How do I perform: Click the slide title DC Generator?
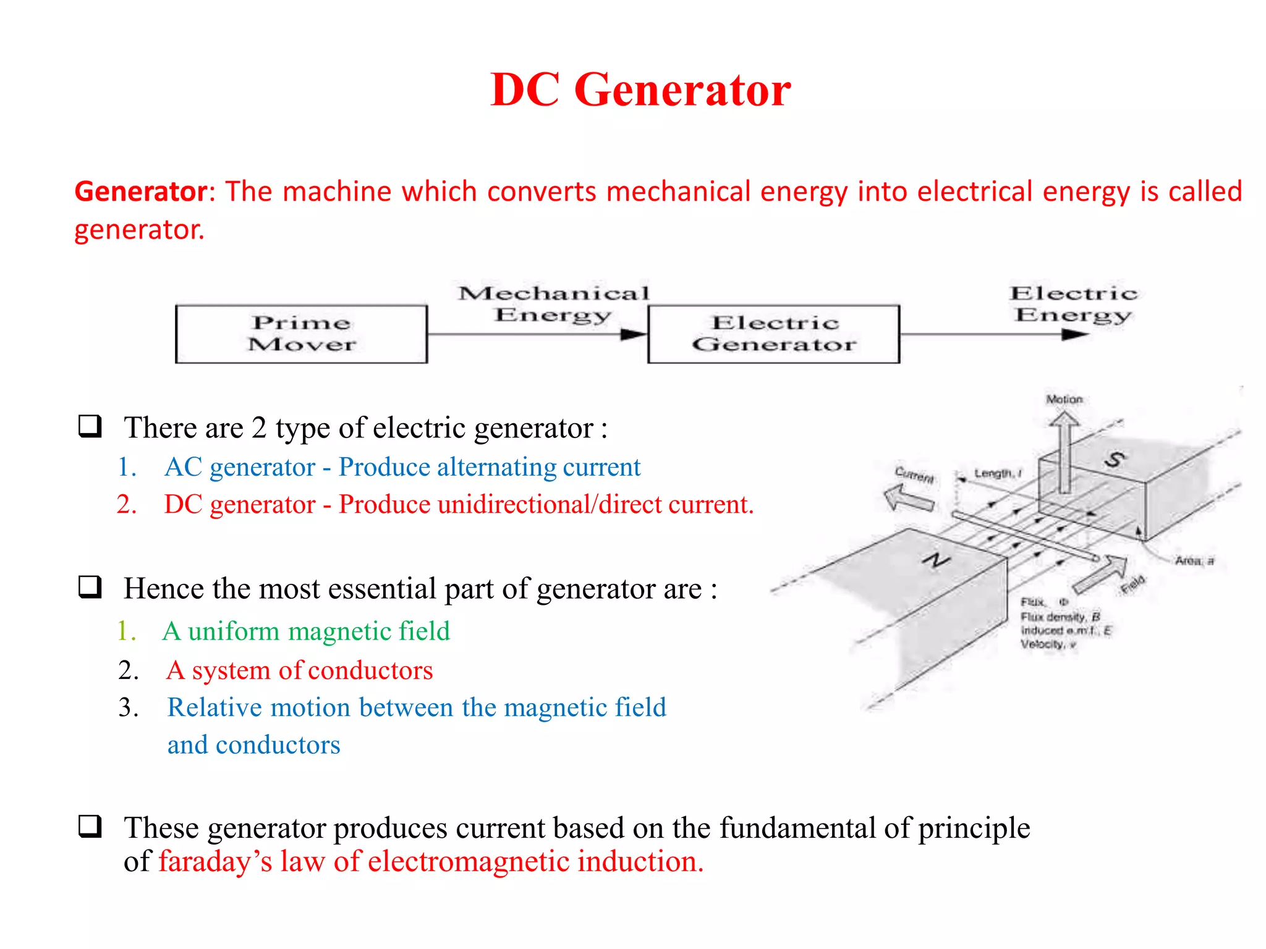pyautogui.click(x=640, y=90)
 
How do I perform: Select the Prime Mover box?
pyautogui.click(x=301, y=334)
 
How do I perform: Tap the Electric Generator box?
pyautogui.click(x=773, y=334)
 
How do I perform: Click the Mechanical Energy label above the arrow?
pyautogui.click(x=553, y=303)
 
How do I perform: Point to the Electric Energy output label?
pyautogui.click(x=1073, y=303)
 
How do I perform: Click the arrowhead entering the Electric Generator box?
pyautogui.click(x=633, y=334)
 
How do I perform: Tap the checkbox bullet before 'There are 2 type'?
pyautogui.click(x=90, y=426)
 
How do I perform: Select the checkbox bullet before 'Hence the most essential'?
pyautogui.click(x=90, y=587)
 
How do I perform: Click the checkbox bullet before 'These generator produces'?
pyautogui.click(x=90, y=826)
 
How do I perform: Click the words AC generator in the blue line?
pyautogui.click(x=240, y=467)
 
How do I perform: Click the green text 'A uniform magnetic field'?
pyautogui.click(x=306, y=631)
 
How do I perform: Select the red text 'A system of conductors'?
pyautogui.click(x=300, y=670)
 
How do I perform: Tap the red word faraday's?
pyautogui.click(x=215, y=861)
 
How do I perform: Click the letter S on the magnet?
pyautogui.click(x=1115, y=459)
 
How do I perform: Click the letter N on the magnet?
pyautogui.click(x=936, y=560)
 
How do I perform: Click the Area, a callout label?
pyautogui.click(x=1194, y=561)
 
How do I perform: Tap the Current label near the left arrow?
pyautogui.click(x=914, y=474)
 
